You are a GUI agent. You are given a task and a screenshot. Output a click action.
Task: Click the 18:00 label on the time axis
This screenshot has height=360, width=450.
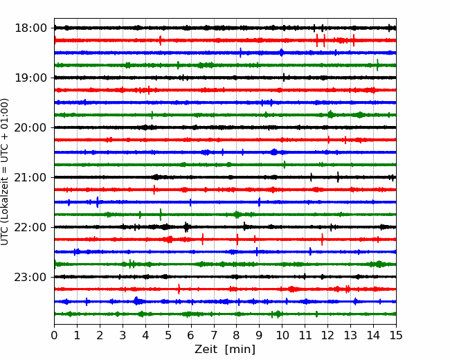point(30,28)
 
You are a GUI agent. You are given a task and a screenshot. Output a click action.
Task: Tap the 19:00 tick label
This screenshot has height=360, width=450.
point(30,78)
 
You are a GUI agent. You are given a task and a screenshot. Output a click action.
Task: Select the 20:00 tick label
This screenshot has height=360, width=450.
point(30,127)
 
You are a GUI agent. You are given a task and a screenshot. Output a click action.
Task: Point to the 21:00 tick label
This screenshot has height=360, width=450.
point(30,177)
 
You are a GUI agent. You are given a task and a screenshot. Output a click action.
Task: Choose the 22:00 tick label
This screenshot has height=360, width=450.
point(30,227)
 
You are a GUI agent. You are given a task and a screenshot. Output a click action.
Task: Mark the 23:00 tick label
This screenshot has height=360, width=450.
point(30,277)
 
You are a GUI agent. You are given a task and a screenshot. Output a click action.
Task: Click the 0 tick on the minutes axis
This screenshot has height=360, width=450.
point(54,335)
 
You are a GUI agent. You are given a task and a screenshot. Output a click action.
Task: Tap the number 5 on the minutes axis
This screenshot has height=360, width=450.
point(168,335)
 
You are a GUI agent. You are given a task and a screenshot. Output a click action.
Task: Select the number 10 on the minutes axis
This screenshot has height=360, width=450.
point(282,335)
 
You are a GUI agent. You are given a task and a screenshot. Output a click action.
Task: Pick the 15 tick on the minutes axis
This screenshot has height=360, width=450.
point(396,335)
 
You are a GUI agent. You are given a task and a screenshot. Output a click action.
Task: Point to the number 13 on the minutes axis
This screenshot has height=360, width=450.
point(351,335)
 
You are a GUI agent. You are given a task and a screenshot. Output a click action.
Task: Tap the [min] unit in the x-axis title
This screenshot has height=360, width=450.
point(240,350)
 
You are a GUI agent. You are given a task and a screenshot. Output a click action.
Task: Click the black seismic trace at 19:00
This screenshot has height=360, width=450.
point(225,78)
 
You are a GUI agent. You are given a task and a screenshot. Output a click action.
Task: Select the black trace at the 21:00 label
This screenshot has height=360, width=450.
point(225,177)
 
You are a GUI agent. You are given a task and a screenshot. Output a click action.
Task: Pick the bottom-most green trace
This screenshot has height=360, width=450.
point(225,314)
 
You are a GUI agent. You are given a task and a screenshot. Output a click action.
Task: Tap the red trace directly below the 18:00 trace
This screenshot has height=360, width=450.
point(225,40)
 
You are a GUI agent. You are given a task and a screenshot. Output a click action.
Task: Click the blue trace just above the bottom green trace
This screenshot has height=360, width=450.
point(225,301)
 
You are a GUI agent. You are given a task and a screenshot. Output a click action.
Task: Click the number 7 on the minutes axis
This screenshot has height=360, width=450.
point(214,335)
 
